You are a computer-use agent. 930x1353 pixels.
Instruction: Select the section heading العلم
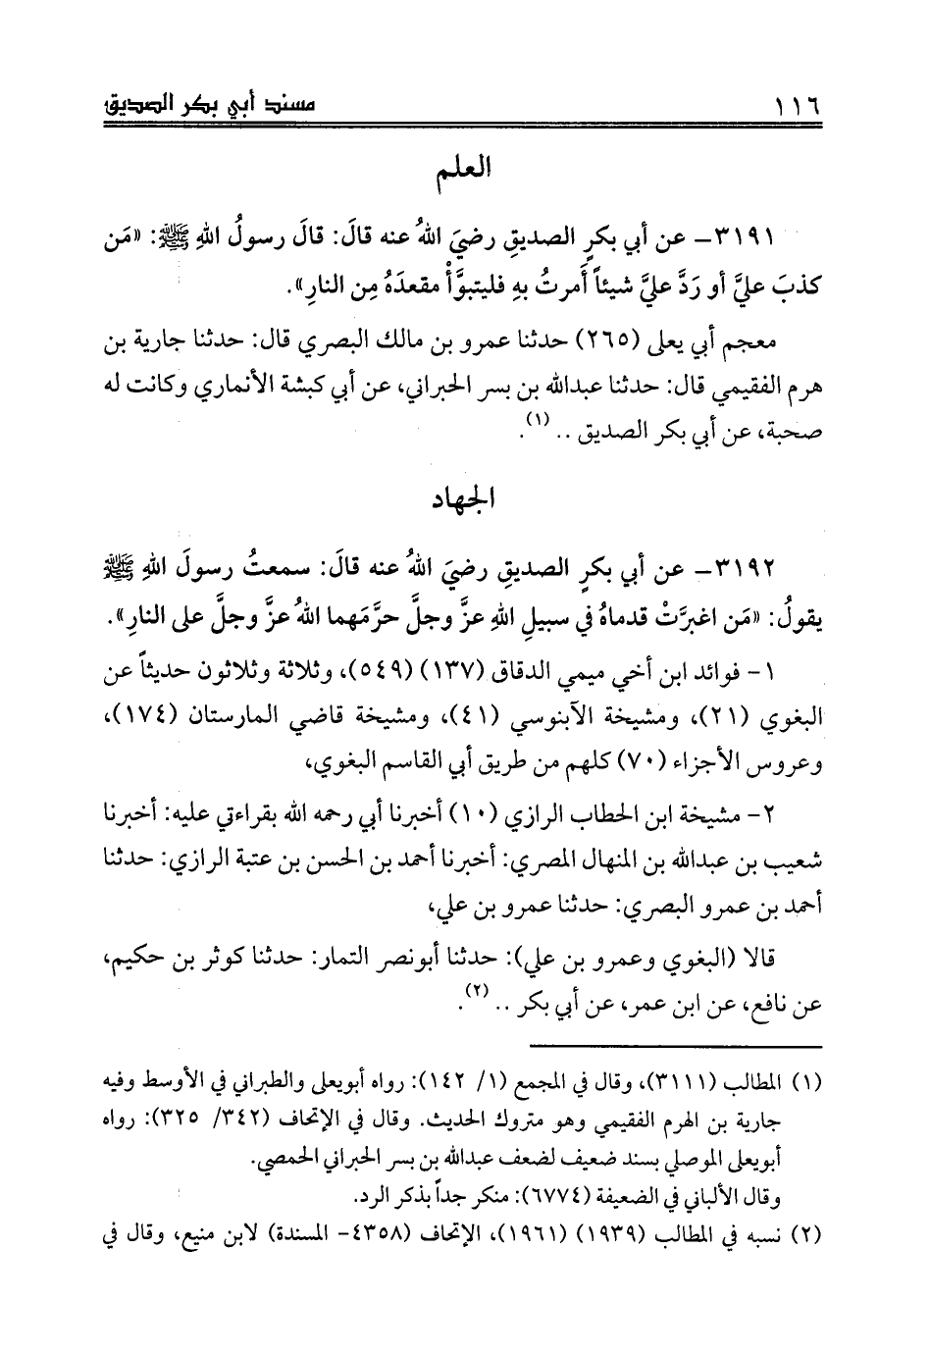coord(467,173)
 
